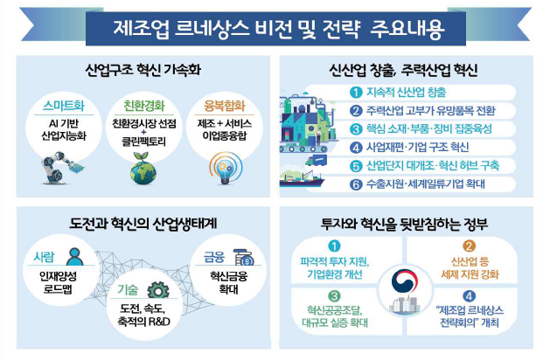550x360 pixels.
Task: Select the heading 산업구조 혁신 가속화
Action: [141, 67]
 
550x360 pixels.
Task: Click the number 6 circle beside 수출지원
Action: [355, 183]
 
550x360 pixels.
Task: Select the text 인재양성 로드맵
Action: [60, 284]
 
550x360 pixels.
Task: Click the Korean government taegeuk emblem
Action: [409, 288]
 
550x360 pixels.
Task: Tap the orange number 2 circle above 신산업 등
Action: [468, 246]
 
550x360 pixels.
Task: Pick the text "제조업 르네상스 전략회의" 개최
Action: [470, 315]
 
